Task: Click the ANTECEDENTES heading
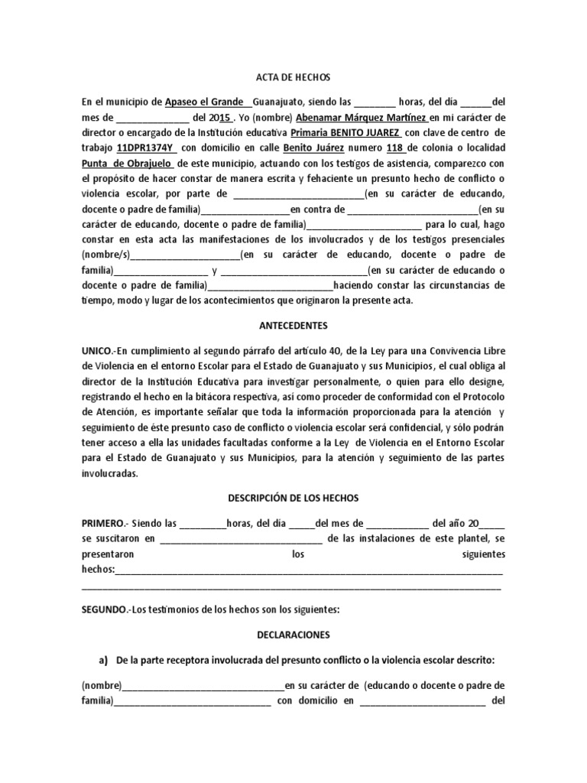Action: pyautogui.click(x=293, y=326)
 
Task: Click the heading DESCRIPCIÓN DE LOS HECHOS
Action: pyautogui.click(x=293, y=498)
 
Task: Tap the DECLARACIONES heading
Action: pyautogui.click(x=293, y=635)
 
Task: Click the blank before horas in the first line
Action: pyautogui.click(x=376, y=102)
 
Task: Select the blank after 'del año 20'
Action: pyautogui.click(x=492, y=524)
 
